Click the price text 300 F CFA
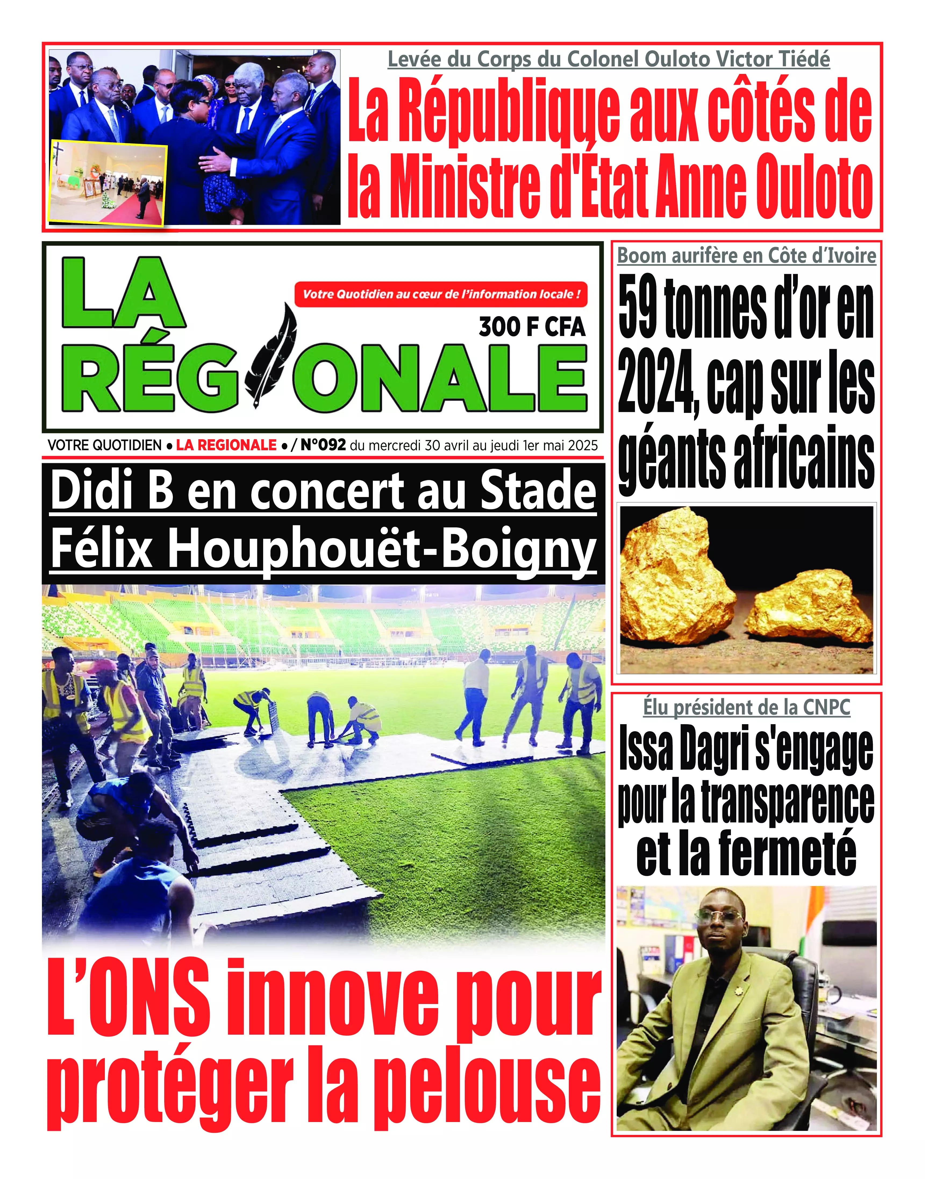coord(532,327)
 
